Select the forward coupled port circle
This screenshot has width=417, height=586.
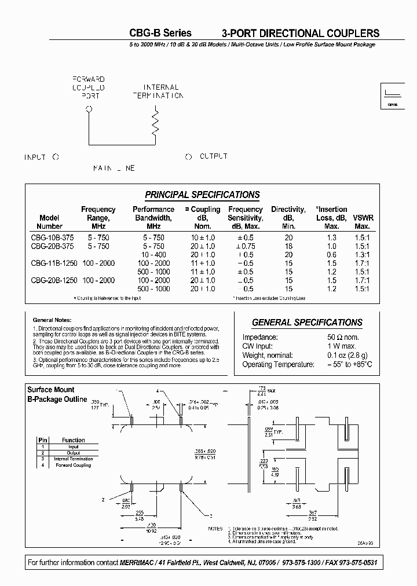pos(88,108)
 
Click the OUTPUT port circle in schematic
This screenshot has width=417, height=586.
pos(188,157)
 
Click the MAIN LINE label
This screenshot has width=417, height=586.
pos(114,168)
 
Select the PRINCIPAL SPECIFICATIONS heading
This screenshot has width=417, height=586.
pos(202,195)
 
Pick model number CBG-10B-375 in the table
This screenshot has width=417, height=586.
pos(50,237)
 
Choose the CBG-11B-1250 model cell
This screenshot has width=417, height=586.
pos(50,263)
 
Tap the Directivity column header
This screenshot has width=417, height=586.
pos(289,218)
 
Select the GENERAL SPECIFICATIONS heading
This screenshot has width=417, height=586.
pos(307,323)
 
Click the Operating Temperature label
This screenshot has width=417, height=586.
pos(278,364)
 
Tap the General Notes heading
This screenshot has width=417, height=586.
pos(52,320)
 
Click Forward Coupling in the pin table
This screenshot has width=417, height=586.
pos(73,465)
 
